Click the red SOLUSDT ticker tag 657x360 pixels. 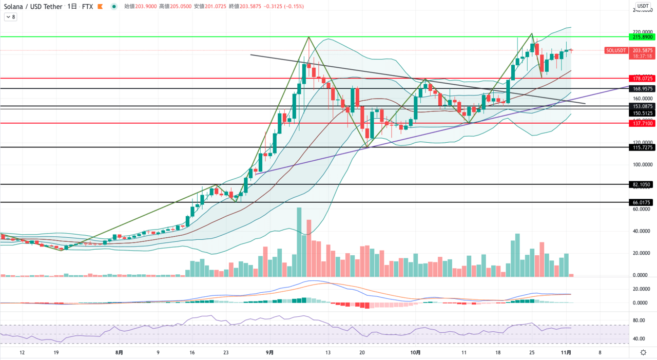tap(616, 50)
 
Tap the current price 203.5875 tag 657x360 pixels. tap(642, 50)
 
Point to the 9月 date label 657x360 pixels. tap(270, 353)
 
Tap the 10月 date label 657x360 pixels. tap(416, 353)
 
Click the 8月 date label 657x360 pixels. tap(119, 353)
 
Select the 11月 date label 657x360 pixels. tap(566, 353)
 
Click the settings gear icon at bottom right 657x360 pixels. tap(643, 352)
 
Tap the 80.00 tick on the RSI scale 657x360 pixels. tap(639, 320)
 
